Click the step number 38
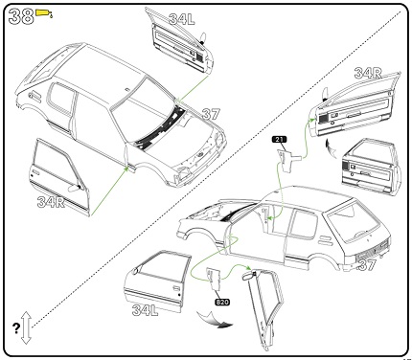point(21,16)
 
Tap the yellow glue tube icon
point(44,13)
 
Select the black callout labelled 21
point(280,140)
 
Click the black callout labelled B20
point(222,302)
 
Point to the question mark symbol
point(16,328)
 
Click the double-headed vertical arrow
point(26,328)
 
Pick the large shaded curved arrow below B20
point(215,321)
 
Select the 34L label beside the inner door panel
point(181,19)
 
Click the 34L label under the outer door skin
point(146,310)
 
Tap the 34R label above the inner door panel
point(368,73)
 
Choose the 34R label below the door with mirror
point(51,202)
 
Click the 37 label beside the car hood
point(211,114)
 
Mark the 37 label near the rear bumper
point(367,265)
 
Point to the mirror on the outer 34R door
point(74,188)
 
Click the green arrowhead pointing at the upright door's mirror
point(248,267)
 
